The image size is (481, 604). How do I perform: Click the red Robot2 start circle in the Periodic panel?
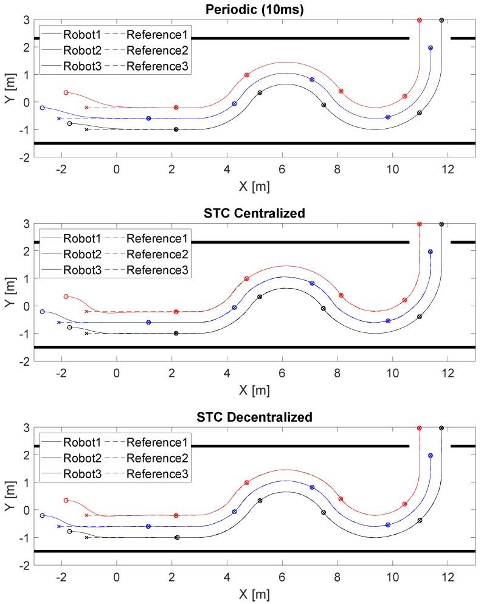point(66,92)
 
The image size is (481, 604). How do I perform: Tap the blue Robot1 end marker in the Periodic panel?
point(431,47)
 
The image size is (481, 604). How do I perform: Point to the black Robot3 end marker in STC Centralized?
point(441,224)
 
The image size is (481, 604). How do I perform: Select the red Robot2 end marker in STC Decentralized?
point(420,428)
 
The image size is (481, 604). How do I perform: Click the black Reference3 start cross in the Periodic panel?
point(86,129)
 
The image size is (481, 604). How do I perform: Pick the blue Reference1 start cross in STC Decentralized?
point(59,526)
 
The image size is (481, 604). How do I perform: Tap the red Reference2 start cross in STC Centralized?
point(86,311)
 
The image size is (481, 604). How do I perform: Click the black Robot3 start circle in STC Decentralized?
point(69,531)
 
